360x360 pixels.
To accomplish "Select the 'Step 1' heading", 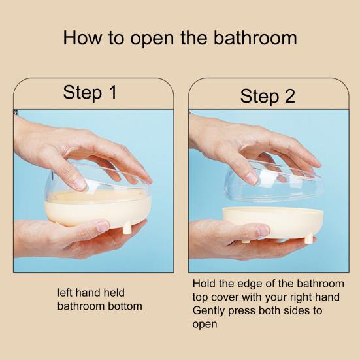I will [x=90, y=92].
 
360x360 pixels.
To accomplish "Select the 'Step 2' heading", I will [x=267, y=96].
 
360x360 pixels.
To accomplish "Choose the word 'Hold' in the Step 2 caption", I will [x=205, y=284].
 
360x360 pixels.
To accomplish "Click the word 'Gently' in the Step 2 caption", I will [x=209, y=311].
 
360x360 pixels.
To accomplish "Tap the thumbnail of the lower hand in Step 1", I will [x=102, y=225].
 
